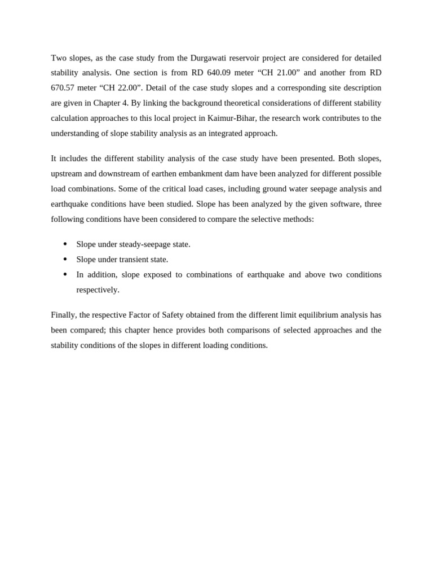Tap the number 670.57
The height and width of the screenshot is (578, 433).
(x=64, y=88)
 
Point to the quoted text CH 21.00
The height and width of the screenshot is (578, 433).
(x=279, y=73)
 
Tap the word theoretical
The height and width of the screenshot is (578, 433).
(x=200, y=103)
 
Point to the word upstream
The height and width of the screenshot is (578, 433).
(x=66, y=174)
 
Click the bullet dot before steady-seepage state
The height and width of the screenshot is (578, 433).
(x=65, y=244)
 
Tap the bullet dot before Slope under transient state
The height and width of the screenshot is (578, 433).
(x=65, y=259)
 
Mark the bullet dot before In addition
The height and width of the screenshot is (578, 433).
(x=65, y=274)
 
